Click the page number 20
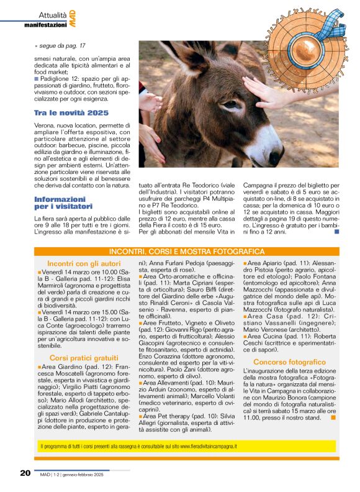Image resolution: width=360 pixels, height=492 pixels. click(x=25, y=473)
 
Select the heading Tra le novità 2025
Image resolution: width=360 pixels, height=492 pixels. click(x=71, y=112)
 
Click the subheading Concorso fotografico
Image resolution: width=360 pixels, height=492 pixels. click(x=289, y=362)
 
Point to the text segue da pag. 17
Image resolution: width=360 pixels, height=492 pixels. click(x=61, y=46)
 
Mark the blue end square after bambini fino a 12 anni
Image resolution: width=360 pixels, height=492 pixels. click(x=336, y=232)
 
